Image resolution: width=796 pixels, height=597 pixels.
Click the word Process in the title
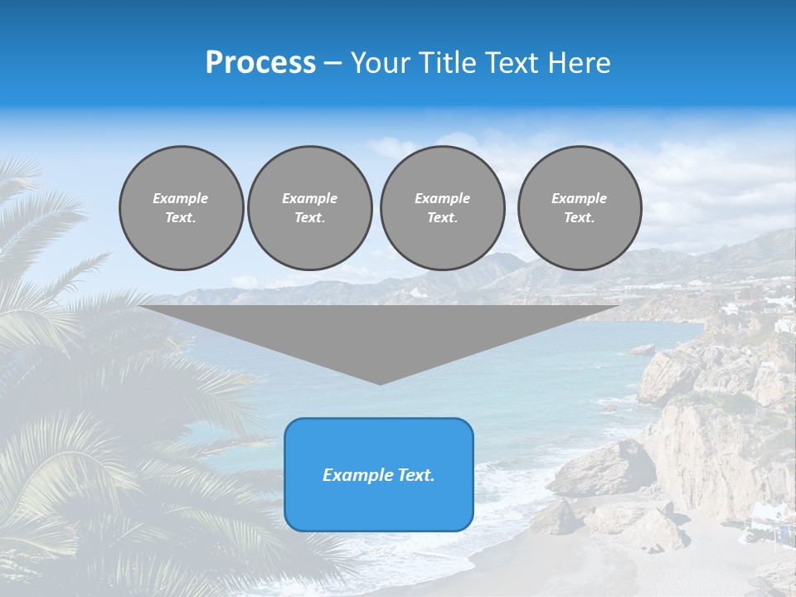click(x=260, y=63)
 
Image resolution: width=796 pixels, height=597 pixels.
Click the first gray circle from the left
click(x=181, y=208)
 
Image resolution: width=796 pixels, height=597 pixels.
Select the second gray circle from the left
click(x=309, y=208)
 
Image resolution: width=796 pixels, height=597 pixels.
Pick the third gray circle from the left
click(x=442, y=208)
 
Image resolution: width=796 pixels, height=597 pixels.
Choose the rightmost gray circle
click(x=579, y=208)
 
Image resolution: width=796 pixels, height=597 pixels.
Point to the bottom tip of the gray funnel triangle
click(x=380, y=383)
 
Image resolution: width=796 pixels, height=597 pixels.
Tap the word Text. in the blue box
click(x=414, y=475)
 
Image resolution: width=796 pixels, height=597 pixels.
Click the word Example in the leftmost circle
click(x=181, y=198)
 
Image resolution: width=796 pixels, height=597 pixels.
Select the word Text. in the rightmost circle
click(x=579, y=218)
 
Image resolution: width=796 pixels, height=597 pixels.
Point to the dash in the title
click(x=333, y=63)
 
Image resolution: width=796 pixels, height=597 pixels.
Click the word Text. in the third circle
click(x=442, y=218)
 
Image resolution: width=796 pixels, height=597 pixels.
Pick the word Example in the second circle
click(x=309, y=198)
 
